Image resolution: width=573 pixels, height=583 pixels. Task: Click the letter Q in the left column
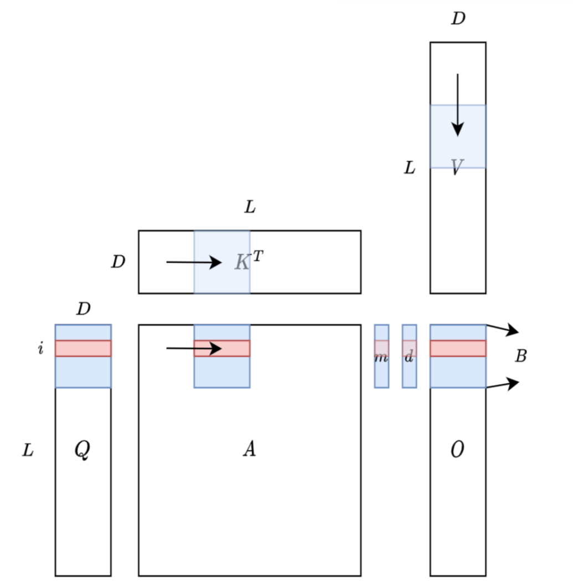(82, 449)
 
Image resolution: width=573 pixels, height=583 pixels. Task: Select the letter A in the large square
(249, 448)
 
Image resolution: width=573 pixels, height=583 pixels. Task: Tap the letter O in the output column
(457, 449)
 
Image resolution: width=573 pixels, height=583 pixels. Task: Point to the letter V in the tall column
(457, 167)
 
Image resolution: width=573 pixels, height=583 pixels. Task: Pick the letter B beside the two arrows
(520, 356)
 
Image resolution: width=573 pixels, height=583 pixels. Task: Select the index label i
(40, 348)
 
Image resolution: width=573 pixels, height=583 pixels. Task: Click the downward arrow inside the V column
(457, 105)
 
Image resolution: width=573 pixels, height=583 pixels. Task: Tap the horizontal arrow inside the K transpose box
(194, 262)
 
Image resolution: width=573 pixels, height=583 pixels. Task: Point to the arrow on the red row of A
(194, 349)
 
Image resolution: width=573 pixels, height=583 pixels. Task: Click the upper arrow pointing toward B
(503, 329)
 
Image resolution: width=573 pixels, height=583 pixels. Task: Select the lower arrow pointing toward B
(503, 384)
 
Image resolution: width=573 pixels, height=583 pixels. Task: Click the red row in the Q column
(83, 349)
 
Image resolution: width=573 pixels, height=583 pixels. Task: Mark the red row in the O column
(458, 349)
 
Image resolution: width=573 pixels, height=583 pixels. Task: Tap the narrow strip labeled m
(381, 356)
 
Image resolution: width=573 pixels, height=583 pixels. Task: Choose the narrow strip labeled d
(409, 356)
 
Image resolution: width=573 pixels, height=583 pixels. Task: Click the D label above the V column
(458, 18)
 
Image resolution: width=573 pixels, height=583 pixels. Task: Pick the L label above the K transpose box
(250, 206)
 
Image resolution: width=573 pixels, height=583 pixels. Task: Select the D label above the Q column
(83, 309)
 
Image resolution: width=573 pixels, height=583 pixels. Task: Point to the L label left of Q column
(28, 450)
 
